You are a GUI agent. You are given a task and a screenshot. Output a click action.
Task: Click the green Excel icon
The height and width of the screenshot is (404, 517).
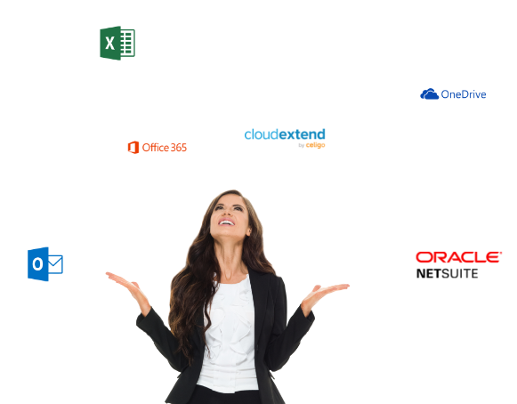pos(117,43)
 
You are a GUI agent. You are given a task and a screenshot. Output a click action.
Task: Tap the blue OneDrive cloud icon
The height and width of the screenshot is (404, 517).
pos(429,94)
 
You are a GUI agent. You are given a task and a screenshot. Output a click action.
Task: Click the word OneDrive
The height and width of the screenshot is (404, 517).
pos(464,94)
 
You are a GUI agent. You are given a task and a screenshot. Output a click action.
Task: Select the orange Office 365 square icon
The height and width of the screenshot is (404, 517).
pos(133,148)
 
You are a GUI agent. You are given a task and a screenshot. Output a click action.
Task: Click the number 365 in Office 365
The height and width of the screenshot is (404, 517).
pos(179,148)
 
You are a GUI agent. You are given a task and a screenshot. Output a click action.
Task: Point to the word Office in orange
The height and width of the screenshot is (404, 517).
pos(156,148)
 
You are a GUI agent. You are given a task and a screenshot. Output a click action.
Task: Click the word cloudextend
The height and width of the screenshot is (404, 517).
pos(285,134)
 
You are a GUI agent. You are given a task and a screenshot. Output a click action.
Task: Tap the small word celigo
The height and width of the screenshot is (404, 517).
pos(316,145)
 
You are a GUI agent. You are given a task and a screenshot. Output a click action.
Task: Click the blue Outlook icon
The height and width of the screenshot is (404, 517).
pos(45,264)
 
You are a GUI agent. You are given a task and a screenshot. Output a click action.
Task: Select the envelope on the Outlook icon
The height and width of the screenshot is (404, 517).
pos(55,264)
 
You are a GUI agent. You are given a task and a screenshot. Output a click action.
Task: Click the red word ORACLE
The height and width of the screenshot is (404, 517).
pos(458,257)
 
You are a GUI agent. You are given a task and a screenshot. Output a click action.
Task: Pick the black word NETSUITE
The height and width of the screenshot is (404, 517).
pos(447,273)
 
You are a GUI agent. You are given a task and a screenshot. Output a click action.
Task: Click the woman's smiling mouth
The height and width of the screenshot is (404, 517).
pos(227,222)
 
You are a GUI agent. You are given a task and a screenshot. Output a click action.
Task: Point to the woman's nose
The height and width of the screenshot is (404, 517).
pos(227,213)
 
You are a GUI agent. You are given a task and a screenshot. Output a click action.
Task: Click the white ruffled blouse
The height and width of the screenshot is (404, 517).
pos(230,333)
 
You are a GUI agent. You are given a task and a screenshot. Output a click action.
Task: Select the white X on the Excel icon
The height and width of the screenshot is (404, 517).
pos(109,44)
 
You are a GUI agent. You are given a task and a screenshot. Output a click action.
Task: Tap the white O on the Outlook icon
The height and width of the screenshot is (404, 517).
pos(37,264)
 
